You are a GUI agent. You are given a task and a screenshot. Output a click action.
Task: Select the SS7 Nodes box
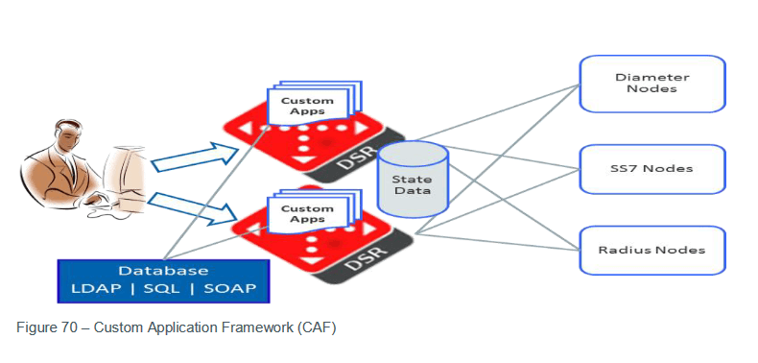[x=651, y=168]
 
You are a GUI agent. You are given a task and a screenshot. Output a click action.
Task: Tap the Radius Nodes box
[x=651, y=250]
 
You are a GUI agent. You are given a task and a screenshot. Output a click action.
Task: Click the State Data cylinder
[x=413, y=180]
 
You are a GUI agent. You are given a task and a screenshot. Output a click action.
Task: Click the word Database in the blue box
[x=163, y=271]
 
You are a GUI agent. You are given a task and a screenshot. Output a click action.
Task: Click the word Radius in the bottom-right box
[x=621, y=250]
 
